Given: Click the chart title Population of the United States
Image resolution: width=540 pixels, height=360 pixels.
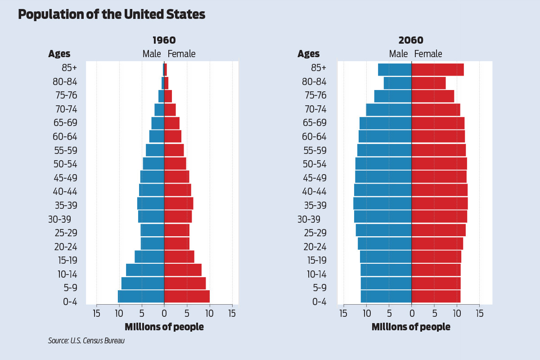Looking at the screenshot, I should (112, 15).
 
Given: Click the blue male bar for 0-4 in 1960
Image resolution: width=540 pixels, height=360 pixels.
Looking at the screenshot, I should (141, 297).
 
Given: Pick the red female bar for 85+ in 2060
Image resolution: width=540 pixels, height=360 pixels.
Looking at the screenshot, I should (437, 70).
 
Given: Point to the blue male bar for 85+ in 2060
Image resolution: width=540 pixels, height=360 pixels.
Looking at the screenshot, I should (395, 70).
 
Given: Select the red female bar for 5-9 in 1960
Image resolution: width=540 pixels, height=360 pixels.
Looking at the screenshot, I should (185, 283).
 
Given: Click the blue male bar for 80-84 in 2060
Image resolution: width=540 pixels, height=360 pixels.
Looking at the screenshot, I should (397, 83).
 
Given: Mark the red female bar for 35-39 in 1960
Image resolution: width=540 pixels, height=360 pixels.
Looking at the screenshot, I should (179, 203).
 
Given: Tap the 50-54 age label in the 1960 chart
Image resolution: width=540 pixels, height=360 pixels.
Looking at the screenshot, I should (65, 164).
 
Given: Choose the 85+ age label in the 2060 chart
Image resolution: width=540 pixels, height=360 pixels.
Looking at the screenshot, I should (319, 68).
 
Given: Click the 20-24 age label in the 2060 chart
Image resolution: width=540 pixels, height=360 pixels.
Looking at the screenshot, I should (314, 247).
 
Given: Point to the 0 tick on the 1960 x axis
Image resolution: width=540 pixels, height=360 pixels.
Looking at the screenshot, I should (164, 313).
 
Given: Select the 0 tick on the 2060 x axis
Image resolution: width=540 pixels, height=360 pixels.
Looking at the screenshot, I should (411, 313).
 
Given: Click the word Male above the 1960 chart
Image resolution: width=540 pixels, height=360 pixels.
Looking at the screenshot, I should (152, 54).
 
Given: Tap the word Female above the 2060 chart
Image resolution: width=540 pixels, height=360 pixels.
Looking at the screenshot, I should (428, 54).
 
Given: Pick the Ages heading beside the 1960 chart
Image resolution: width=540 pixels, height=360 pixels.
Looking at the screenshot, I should (59, 54).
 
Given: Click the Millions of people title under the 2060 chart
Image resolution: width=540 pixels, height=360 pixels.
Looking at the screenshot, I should (411, 327).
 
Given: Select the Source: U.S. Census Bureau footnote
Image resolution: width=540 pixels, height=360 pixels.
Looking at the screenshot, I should (86, 341).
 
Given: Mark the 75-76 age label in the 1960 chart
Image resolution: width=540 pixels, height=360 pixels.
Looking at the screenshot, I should (65, 95).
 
